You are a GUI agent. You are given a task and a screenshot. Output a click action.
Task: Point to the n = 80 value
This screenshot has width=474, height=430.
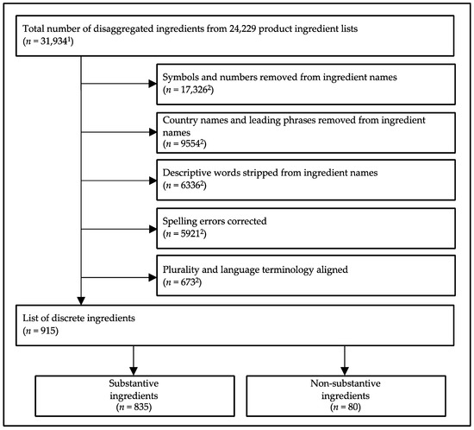click(344, 406)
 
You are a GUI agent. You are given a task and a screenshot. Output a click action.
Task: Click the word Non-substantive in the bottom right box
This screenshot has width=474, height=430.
click(345, 383)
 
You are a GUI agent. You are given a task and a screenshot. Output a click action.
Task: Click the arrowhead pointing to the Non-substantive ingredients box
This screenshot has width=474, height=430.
click(345, 367)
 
